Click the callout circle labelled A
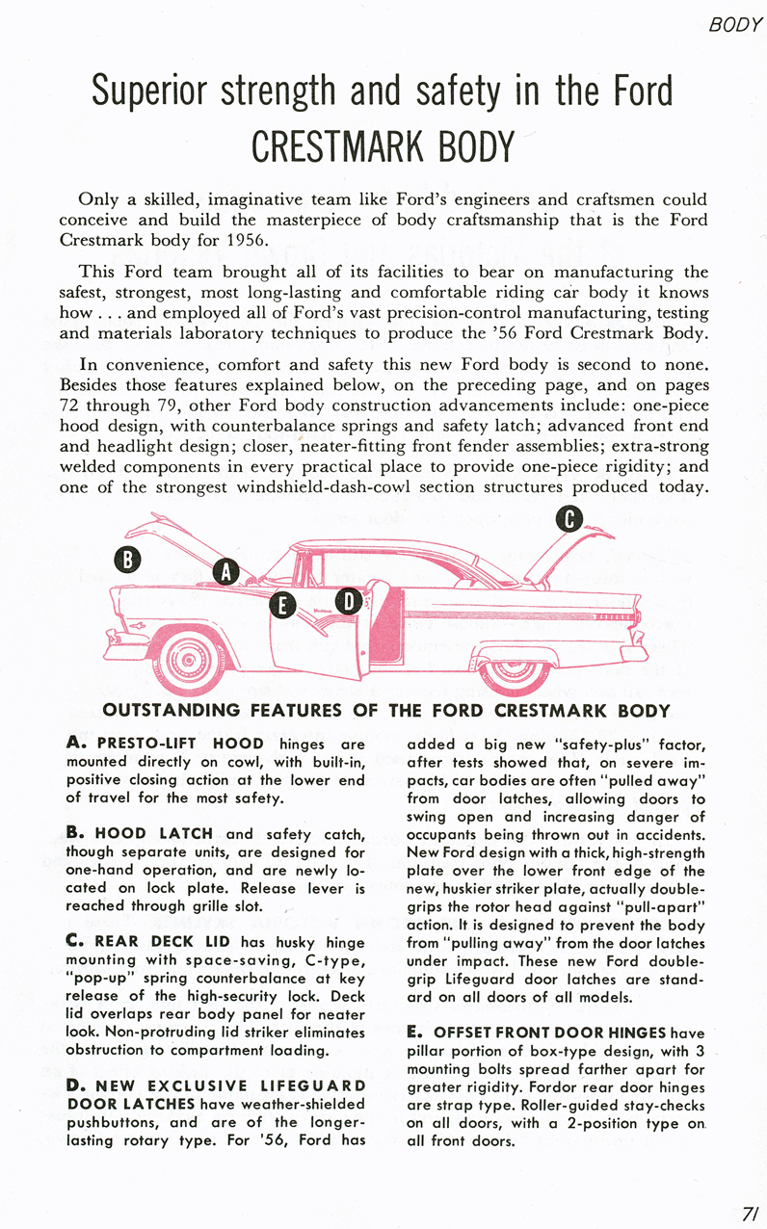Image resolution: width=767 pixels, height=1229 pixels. (225, 571)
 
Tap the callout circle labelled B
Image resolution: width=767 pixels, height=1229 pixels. (128, 558)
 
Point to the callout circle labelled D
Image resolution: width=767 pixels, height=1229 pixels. (349, 602)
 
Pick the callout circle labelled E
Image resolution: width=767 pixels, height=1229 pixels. (282, 605)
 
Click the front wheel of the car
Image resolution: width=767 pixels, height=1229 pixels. (183, 659)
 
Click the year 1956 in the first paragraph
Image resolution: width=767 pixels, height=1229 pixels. (246, 240)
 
